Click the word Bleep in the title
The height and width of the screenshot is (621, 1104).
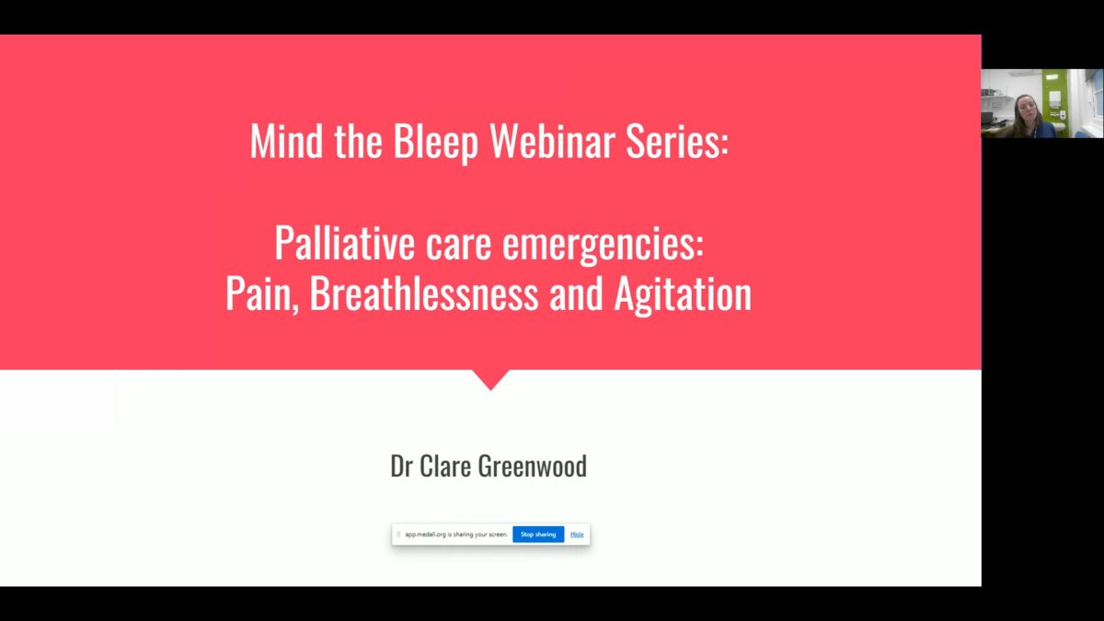coord(435,142)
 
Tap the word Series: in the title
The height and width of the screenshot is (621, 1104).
coord(677,141)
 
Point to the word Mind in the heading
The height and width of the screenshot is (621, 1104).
coord(286,141)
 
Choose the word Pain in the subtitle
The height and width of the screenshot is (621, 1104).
coord(261,293)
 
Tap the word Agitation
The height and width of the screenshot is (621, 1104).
coord(683,294)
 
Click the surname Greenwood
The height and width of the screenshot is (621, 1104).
coord(533,466)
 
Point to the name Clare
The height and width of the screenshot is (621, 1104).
coord(445,466)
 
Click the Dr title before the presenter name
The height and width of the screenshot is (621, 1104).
coord(401,466)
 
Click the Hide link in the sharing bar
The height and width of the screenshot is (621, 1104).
coord(577,535)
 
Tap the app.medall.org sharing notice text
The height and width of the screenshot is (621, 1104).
coord(456,535)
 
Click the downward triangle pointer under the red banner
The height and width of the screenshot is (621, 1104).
coord(490,379)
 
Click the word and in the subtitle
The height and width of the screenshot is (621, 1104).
coord(576,293)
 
